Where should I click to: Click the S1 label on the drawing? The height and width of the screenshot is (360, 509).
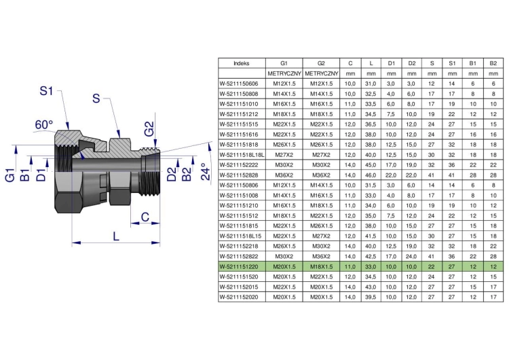coord(46,90)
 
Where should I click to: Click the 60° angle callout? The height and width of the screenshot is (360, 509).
coord(44,124)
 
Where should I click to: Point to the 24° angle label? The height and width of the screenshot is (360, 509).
coord(205,172)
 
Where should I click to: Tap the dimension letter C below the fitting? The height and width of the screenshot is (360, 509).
coord(145,217)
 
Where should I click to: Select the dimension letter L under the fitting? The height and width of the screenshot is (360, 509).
coord(116,236)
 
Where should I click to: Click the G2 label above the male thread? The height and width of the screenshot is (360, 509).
coord(149,128)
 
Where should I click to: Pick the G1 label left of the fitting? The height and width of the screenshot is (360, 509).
coord(10,175)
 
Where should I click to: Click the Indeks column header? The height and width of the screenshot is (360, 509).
coord(241,63)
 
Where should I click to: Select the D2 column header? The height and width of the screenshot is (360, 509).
coord(411,63)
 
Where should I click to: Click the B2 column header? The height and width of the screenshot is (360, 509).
coord(493,63)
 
